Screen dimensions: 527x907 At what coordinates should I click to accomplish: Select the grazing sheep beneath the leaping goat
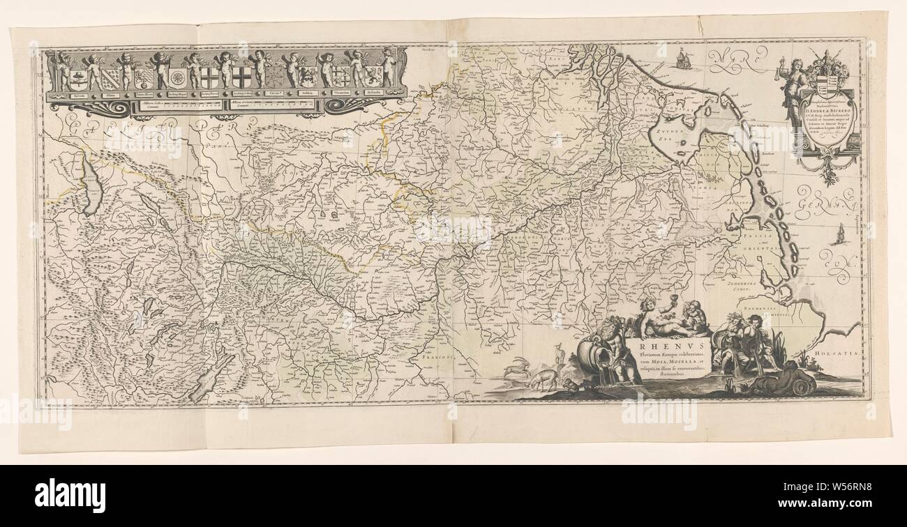543,380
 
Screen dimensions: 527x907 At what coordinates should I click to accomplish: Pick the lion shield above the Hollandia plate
373,75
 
